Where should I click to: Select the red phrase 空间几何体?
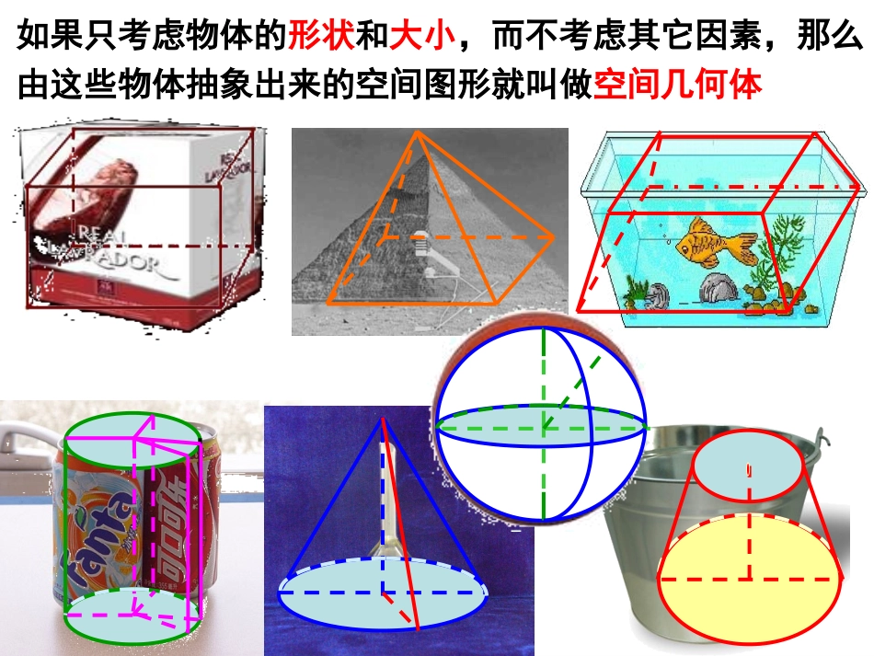[x=678, y=86]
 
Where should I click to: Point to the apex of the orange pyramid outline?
[x=418, y=132]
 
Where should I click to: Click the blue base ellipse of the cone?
[x=382, y=594]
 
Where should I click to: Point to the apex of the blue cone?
[x=383, y=420]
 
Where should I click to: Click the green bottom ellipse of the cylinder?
[x=132, y=615]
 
